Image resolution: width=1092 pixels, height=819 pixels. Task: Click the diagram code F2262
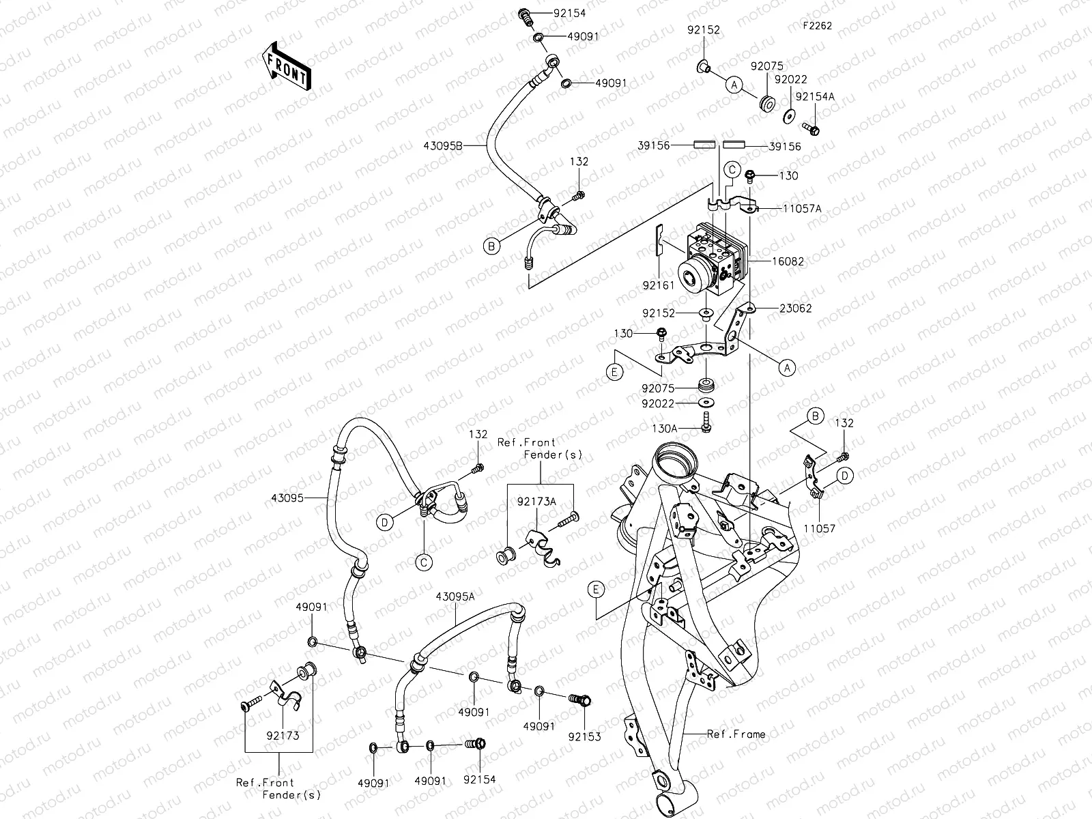click(817, 27)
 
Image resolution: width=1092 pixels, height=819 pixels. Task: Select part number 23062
click(795, 308)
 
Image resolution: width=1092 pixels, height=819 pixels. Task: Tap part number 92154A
click(815, 97)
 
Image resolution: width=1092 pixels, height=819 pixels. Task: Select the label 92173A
click(536, 502)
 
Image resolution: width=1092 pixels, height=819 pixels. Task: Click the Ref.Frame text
click(736, 734)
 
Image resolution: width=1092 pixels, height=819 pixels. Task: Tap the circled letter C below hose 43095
click(423, 562)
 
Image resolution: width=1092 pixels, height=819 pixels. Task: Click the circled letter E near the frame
click(596, 588)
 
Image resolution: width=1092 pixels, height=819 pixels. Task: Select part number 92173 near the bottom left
click(283, 736)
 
